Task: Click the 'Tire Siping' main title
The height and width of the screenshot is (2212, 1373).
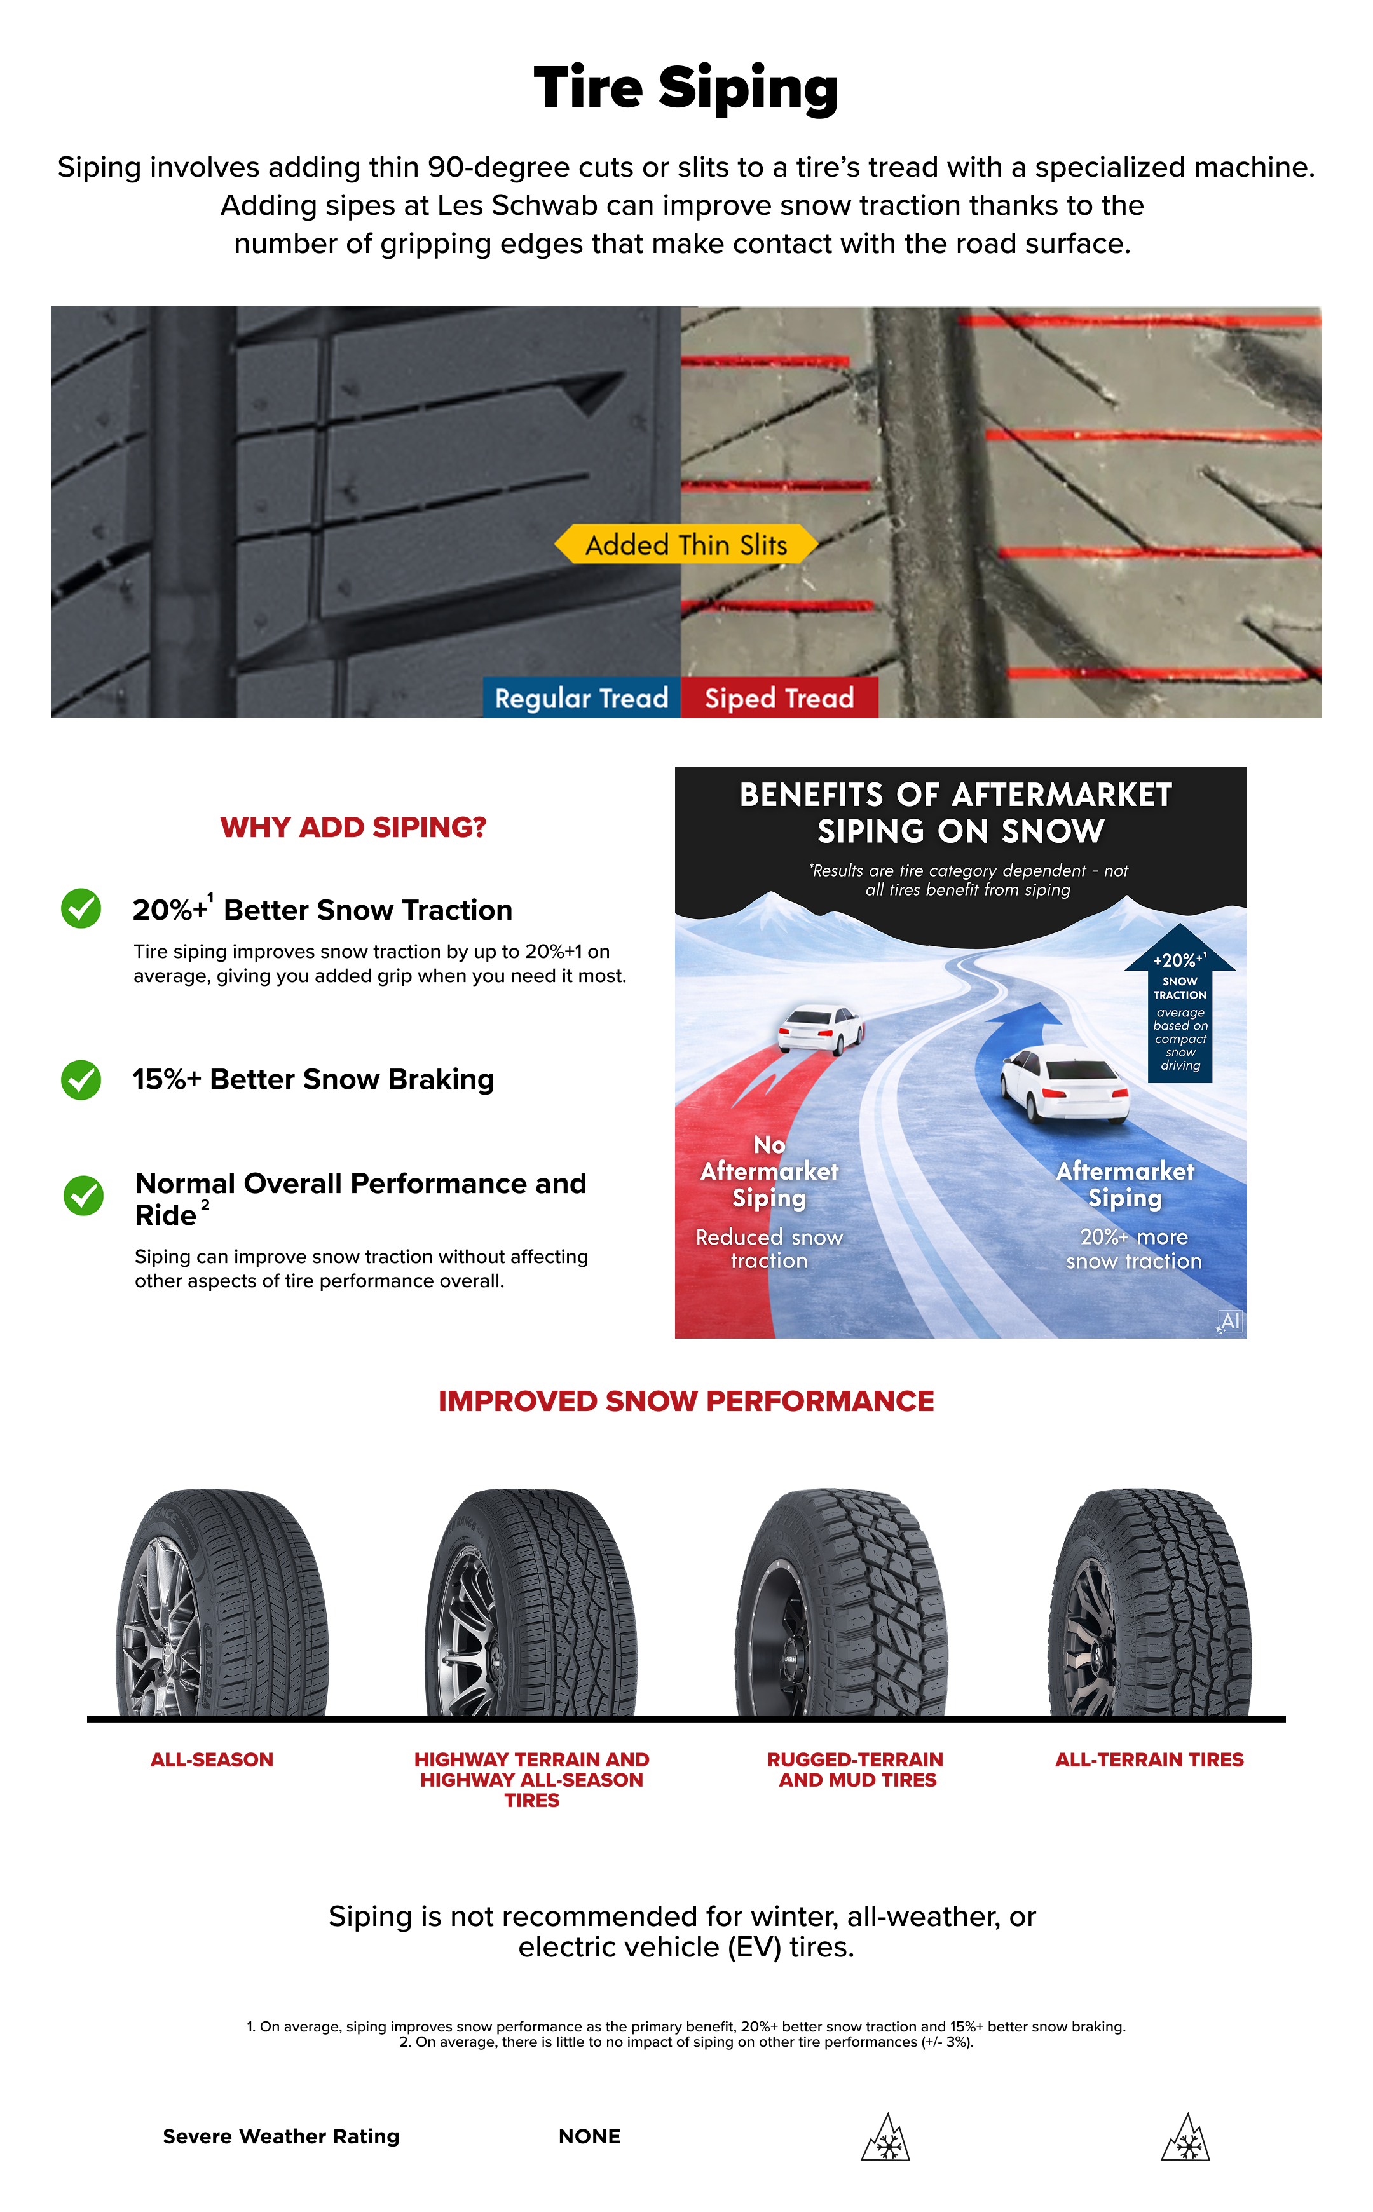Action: click(686, 89)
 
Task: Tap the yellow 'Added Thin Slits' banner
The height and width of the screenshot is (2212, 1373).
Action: click(686, 544)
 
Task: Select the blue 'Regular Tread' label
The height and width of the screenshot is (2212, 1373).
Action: click(581, 697)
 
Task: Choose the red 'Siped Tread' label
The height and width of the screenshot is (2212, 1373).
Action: click(779, 697)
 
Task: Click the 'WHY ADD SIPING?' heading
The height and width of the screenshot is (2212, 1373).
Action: click(353, 827)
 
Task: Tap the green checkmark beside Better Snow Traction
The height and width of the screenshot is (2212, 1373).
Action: click(81, 908)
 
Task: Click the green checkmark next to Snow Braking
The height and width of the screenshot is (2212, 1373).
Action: click(81, 1080)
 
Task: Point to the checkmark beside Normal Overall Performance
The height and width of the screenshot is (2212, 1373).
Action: click(83, 1195)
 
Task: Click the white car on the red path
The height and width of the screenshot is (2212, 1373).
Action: click(821, 1029)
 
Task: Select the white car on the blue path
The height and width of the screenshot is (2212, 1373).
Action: click(1064, 1084)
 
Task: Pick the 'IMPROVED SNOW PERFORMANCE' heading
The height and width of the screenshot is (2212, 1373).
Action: click(686, 1401)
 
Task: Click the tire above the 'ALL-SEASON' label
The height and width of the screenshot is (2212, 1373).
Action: click(222, 1602)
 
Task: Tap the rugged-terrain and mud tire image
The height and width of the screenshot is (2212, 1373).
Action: click(841, 1602)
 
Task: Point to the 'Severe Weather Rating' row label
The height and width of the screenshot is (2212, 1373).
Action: click(282, 2136)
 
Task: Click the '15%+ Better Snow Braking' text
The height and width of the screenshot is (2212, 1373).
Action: click(313, 1080)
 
